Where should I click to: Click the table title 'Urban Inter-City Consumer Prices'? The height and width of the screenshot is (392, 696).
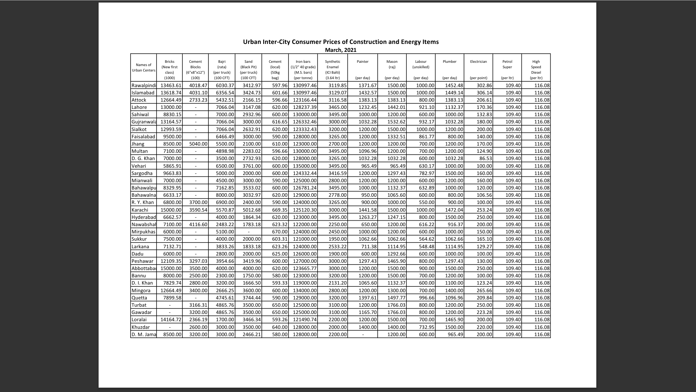point(340,42)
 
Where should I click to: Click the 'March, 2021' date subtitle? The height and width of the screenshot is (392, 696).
point(340,50)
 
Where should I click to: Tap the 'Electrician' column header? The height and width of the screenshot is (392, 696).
point(478,62)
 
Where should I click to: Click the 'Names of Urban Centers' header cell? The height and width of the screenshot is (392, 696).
point(144,68)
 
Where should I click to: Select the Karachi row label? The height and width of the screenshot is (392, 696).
point(140,210)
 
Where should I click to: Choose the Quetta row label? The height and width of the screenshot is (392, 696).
point(139,298)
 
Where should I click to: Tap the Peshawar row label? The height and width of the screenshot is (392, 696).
point(142,261)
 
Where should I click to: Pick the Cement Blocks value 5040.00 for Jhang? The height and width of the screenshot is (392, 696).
point(198,144)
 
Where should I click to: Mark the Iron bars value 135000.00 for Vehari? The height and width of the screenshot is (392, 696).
point(304,166)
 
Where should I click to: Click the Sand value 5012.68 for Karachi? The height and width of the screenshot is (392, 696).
point(252,210)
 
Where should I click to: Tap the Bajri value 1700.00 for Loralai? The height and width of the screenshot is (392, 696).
point(225,319)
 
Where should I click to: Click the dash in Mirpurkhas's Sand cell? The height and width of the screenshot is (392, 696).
point(248,232)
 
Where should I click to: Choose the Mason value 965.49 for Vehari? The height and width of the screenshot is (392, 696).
point(398,166)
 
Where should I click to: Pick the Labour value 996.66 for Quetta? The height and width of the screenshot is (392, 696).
point(426,298)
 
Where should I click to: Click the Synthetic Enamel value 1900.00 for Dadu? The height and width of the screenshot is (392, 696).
point(337,254)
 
